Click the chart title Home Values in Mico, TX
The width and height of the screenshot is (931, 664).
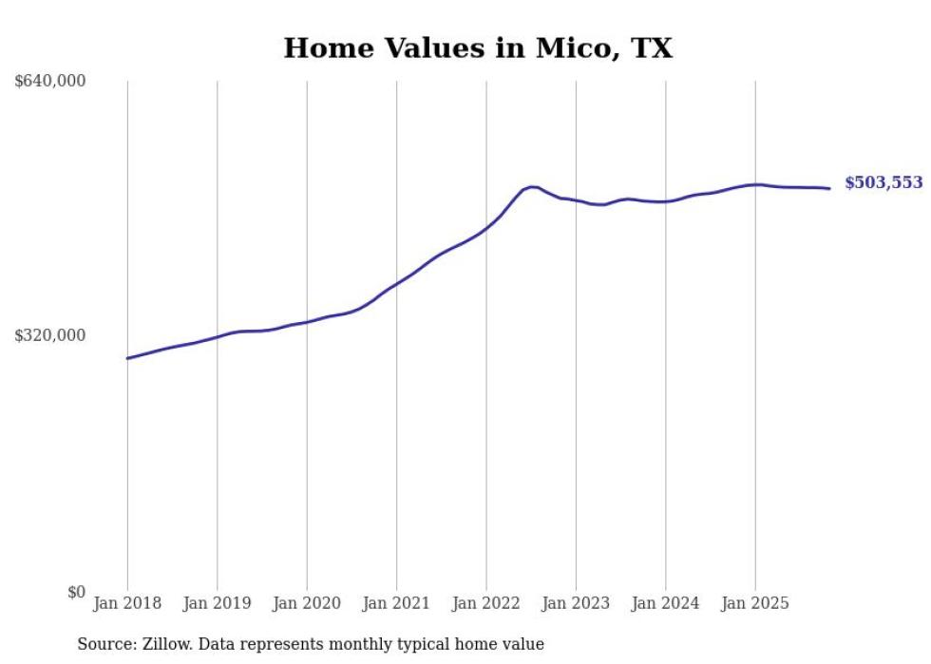(478, 47)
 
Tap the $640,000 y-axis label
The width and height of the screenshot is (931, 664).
(50, 82)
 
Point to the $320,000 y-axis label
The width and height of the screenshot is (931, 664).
(50, 335)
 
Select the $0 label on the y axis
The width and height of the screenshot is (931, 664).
(76, 592)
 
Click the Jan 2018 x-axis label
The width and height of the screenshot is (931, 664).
(127, 603)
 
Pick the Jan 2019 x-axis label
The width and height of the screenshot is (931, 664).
(217, 603)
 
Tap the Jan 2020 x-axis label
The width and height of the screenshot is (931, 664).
(306, 603)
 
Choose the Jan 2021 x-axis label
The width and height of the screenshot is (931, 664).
(396, 603)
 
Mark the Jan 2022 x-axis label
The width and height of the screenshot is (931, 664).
(485, 603)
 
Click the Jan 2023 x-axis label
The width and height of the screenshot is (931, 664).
(576, 603)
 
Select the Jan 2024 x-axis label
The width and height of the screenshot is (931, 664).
(665, 603)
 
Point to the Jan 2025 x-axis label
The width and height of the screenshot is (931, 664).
(755, 603)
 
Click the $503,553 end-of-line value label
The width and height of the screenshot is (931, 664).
(883, 183)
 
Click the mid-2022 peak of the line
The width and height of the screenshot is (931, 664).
(532, 186)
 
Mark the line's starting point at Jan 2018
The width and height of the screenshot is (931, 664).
(127, 358)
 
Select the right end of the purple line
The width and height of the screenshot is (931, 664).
(829, 188)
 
